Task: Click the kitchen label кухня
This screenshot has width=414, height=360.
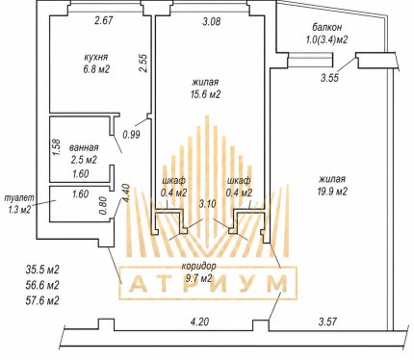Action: (x=96, y=58)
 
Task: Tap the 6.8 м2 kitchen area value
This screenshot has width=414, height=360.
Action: (x=96, y=69)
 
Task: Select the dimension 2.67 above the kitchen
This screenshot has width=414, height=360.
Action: (x=104, y=21)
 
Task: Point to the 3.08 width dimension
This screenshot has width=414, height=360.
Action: (x=212, y=22)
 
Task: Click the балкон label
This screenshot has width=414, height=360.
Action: (x=327, y=27)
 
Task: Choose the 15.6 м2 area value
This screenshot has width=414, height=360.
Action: (x=206, y=94)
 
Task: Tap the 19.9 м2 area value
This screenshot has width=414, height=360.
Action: (x=332, y=192)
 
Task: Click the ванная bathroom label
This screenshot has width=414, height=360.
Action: (x=84, y=148)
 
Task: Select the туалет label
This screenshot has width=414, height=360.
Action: (x=19, y=198)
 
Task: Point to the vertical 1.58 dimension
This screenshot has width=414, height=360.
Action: (x=56, y=147)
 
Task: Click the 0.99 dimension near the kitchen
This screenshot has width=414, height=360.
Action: (x=132, y=134)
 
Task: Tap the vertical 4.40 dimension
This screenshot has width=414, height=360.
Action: (x=126, y=193)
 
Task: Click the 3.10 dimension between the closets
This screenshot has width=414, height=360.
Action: (x=207, y=204)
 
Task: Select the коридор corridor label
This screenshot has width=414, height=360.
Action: (x=199, y=267)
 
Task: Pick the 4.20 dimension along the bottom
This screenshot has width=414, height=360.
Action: (x=200, y=321)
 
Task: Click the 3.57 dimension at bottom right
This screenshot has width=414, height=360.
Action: (x=327, y=321)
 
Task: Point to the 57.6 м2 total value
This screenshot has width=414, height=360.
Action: (x=42, y=301)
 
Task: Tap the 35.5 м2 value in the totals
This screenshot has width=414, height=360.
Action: (x=42, y=270)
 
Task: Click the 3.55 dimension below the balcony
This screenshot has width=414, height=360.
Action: (x=329, y=78)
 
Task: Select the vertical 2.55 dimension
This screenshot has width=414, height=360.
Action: (x=143, y=63)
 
